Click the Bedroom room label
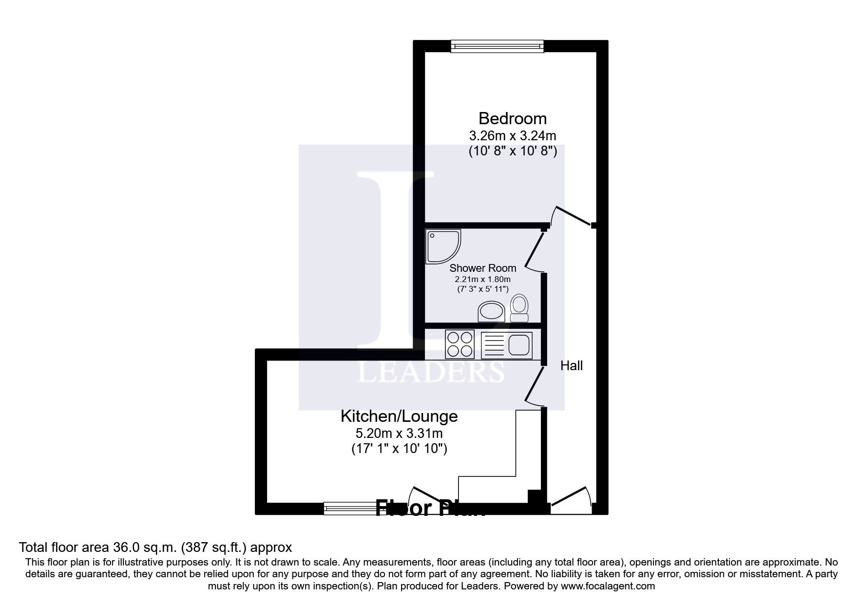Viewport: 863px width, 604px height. click(512, 118)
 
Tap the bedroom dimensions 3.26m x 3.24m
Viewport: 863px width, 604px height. click(512, 135)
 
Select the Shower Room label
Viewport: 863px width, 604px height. click(482, 268)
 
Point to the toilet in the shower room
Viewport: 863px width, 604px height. click(519, 308)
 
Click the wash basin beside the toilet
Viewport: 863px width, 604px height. click(492, 311)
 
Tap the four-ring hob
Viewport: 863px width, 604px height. click(460, 344)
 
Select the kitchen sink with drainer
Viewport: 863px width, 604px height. click(507, 345)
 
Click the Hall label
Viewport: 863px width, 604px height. click(571, 365)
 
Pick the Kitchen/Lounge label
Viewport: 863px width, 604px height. click(399, 416)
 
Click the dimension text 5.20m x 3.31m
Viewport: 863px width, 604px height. click(399, 433)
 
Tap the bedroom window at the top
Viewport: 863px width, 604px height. click(497, 46)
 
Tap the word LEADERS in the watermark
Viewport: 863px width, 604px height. click(431, 373)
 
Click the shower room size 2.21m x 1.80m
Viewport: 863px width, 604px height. click(482, 280)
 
